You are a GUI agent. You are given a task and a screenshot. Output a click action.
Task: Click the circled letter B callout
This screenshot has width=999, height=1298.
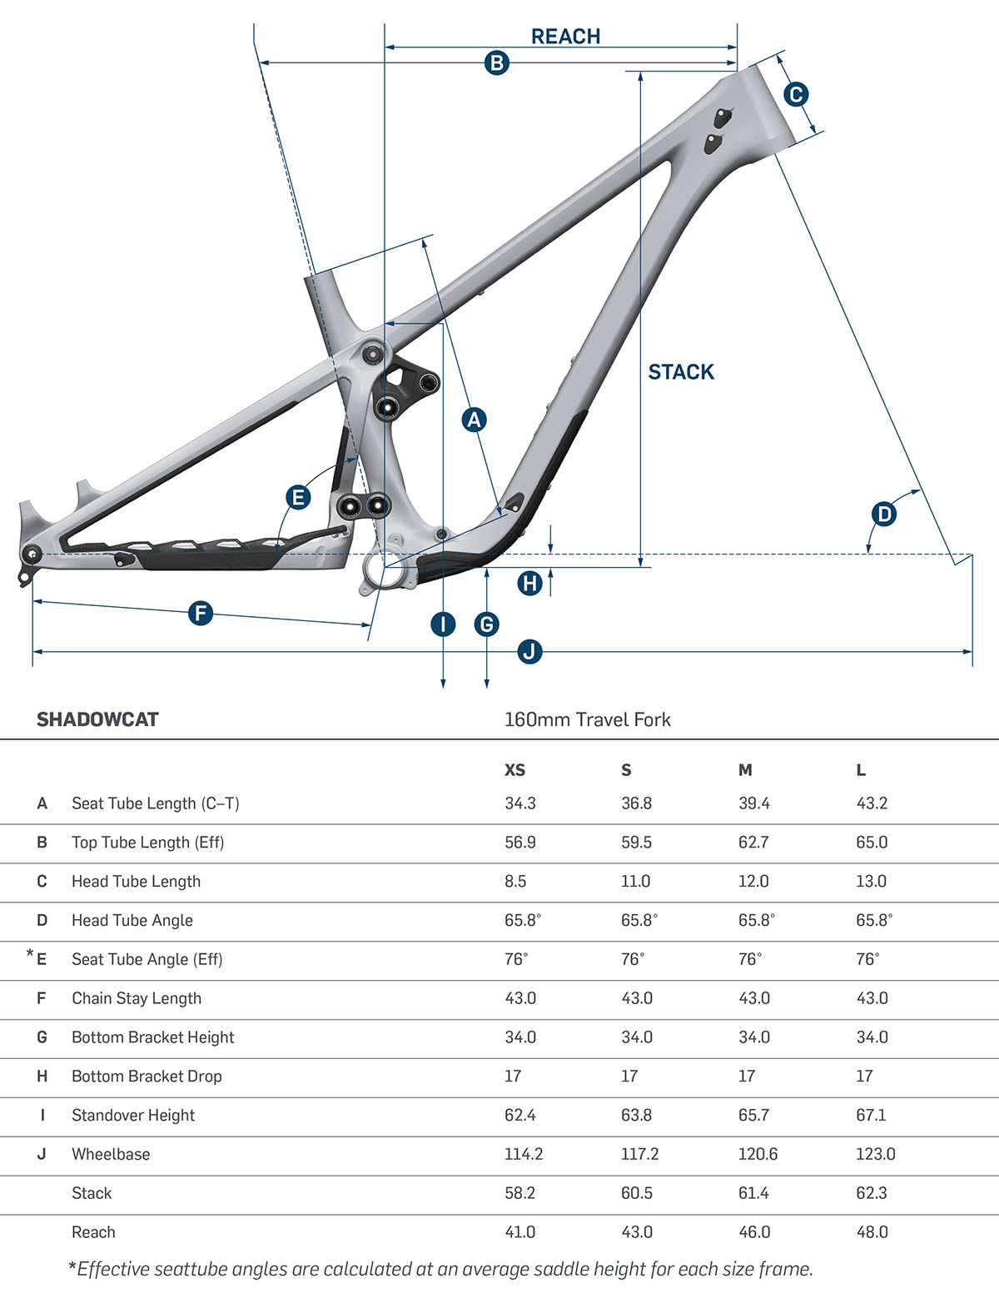coord(496,62)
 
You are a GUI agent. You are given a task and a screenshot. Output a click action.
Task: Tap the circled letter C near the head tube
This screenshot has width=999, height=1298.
coord(796,94)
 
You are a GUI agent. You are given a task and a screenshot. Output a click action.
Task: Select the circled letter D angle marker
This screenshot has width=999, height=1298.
coord(884,514)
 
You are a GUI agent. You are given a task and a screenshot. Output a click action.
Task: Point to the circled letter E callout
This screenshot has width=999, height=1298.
coord(297,498)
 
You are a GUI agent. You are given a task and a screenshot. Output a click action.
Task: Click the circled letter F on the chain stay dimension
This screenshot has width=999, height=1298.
coord(201,614)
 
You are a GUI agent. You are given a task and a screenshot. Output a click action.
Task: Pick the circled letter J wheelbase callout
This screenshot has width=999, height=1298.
coord(530,651)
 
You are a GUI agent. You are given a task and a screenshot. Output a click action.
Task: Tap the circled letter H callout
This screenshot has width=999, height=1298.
coord(530,583)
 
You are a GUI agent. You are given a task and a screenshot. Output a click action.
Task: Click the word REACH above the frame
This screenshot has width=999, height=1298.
coord(565,37)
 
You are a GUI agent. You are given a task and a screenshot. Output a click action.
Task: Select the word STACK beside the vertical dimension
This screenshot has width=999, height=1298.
coord(681,372)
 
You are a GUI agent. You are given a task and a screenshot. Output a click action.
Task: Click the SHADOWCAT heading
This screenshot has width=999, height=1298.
coord(97,719)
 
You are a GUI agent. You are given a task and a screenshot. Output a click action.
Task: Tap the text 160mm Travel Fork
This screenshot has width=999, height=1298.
coord(587,719)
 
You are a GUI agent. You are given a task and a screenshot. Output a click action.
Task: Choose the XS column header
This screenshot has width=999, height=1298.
coord(514,770)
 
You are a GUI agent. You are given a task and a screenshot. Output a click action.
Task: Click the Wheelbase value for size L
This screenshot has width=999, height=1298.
coord(875,1154)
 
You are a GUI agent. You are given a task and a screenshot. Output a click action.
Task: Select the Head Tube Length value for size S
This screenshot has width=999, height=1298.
coord(635,881)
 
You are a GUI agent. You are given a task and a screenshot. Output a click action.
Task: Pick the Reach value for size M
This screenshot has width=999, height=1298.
coord(753,1232)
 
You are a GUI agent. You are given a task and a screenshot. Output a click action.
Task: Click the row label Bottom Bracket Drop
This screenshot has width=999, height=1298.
coord(147,1076)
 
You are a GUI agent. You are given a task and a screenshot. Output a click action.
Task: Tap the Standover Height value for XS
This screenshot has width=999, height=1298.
coord(519,1115)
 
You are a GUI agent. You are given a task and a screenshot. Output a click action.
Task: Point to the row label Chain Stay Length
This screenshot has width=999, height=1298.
coord(137,998)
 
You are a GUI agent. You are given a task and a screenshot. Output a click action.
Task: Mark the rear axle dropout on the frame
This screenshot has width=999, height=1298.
coord(32,554)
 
